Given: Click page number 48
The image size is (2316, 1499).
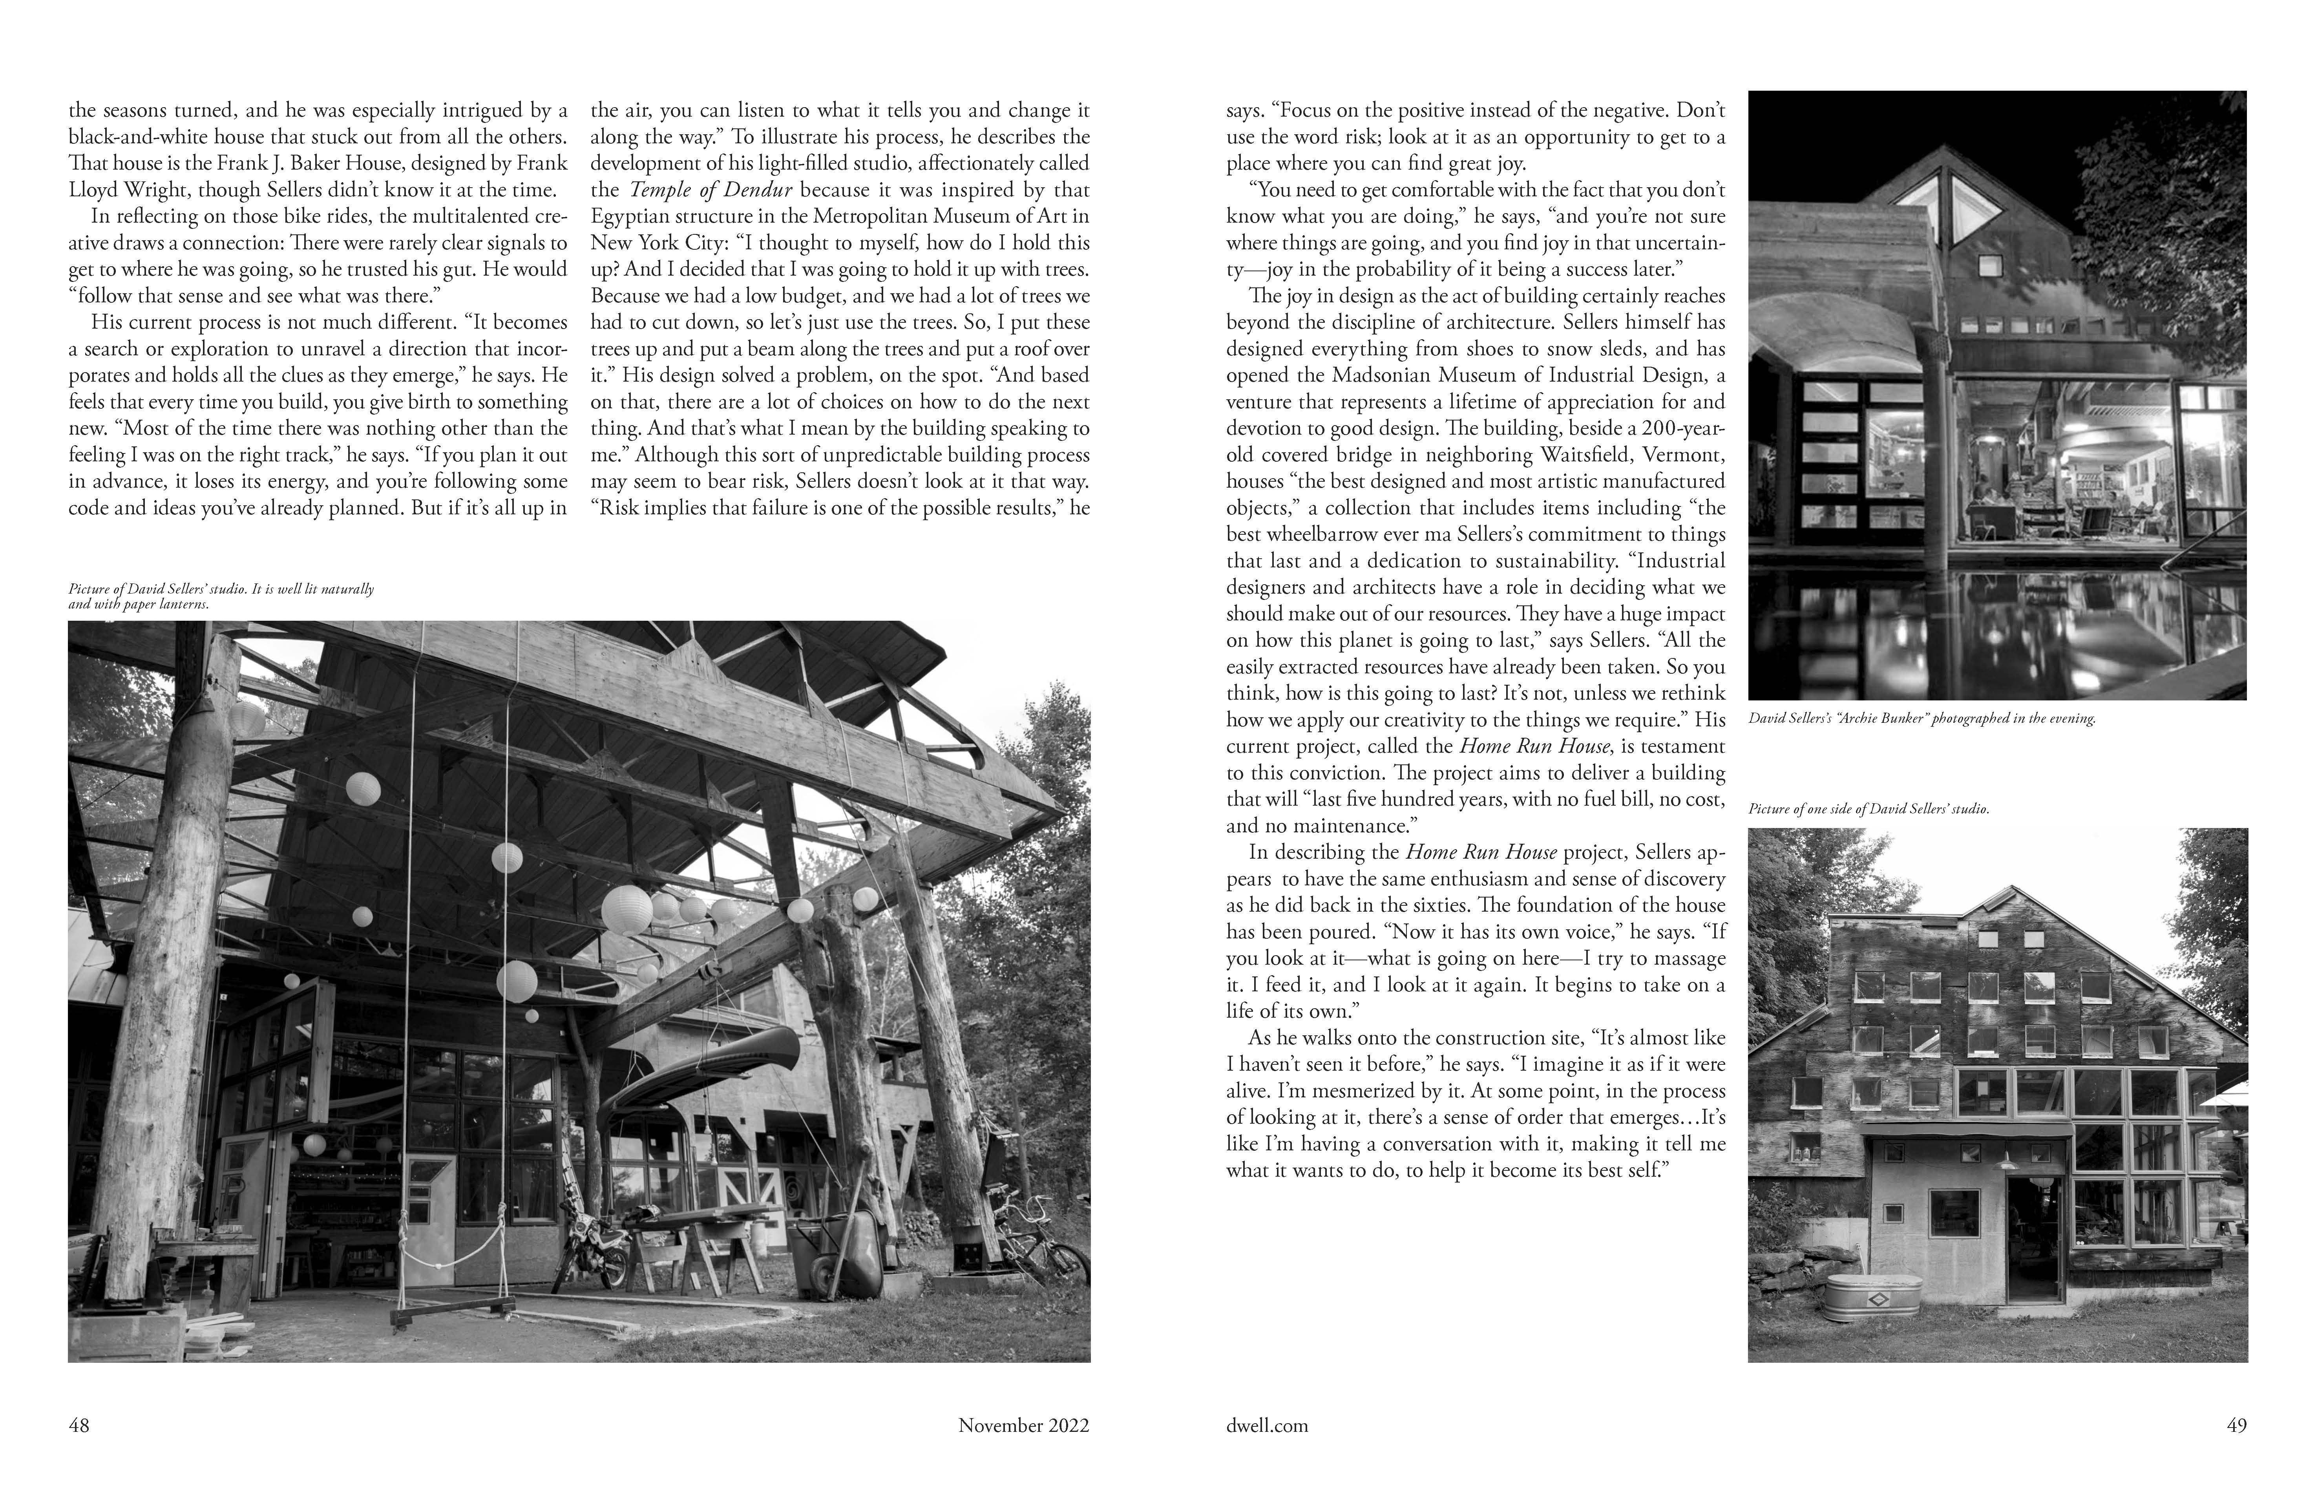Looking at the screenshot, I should coord(79,1426).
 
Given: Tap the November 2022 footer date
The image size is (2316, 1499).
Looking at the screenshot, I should coord(1024,1426).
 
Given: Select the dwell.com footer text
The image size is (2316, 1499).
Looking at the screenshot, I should coord(1267,1426).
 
